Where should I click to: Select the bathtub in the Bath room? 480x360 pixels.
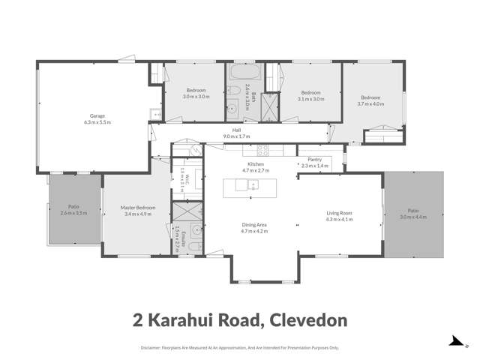coord(244,75)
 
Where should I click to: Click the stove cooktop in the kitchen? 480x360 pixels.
coord(267,151)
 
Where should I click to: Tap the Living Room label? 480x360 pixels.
coord(339,214)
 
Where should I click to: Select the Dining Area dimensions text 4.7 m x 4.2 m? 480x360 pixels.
coord(254,231)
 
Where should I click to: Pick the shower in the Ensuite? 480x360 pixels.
coord(187,211)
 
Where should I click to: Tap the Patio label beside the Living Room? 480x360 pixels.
coord(412,211)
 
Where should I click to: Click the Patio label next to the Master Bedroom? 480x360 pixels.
coord(73,207)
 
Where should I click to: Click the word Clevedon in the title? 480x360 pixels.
coord(307,321)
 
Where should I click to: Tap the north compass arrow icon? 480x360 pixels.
coord(455,341)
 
